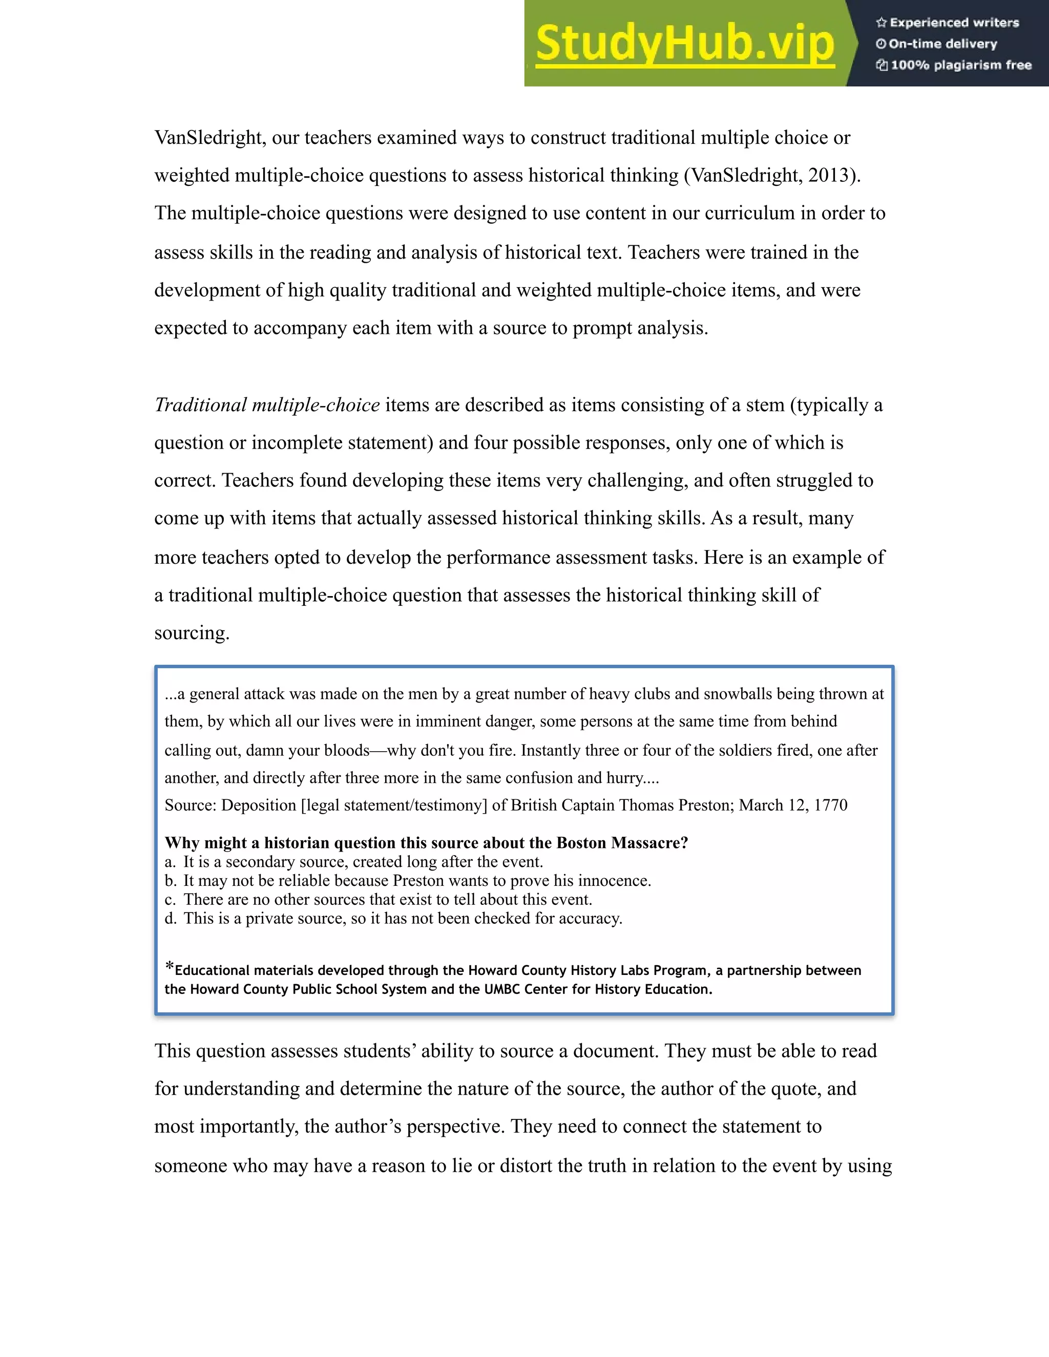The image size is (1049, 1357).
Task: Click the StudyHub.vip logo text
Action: [684, 44]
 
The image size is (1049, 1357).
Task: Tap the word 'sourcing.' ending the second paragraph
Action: [192, 633]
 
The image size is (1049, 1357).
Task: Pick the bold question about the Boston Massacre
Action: [426, 843]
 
